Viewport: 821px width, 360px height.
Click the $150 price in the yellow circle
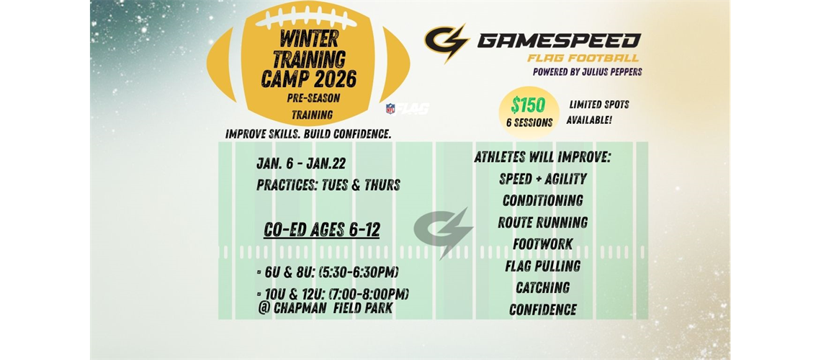529,104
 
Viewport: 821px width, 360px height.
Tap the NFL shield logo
390,109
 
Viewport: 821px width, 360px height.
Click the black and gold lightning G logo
446,43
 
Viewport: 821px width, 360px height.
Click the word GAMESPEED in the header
559,40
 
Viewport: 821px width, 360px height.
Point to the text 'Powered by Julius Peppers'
587,71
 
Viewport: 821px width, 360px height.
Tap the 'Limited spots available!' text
597,112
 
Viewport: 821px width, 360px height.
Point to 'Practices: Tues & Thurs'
328,185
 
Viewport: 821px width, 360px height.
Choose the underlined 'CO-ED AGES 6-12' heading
321,230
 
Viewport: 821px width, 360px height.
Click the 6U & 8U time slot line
328,272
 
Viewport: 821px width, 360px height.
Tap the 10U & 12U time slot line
333,294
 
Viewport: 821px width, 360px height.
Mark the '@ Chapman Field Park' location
326,308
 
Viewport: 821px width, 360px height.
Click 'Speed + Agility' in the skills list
542,179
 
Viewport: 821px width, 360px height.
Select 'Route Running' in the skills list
542,222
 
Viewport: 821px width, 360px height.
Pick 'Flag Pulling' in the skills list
542,266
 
